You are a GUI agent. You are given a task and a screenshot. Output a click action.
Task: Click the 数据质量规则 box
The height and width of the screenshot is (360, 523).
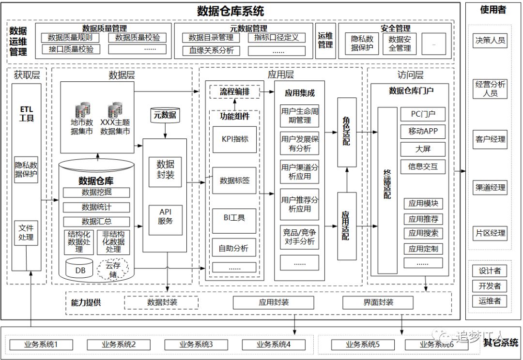click(x=70, y=38)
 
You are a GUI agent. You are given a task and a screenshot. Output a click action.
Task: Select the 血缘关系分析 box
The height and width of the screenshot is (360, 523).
click(x=211, y=50)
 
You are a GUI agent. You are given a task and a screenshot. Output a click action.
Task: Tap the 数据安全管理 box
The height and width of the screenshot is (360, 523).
click(x=400, y=44)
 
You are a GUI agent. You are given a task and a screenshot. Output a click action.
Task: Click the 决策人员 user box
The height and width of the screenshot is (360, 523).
click(x=490, y=40)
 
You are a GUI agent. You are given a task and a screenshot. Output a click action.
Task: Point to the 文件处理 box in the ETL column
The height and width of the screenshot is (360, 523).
click(x=26, y=233)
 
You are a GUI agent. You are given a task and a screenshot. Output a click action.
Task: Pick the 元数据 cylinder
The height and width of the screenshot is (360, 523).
click(x=165, y=115)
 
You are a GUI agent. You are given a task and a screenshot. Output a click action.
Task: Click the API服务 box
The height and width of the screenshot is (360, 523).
click(x=165, y=216)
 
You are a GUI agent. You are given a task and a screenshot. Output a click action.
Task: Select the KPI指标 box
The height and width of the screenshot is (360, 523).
click(x=234, y=139)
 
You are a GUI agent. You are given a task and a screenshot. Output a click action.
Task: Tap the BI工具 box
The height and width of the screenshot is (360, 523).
click(x=234, y=218)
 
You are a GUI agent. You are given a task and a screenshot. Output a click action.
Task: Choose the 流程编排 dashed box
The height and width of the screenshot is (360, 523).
click(x=234, y=92)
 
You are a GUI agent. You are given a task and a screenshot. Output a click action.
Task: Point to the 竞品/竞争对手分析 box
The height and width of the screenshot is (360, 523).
click(x=299, y=237)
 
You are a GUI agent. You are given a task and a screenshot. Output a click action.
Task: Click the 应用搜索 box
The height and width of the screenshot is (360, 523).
click(x=423, y=233)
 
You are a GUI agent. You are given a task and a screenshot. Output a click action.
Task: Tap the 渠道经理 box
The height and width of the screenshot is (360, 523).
click(x=490, y=188)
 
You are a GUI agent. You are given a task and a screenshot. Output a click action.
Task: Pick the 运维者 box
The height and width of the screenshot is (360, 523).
click(x=490, y=300)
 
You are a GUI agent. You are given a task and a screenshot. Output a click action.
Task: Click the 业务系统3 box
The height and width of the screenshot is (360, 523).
click(x=196, y=345)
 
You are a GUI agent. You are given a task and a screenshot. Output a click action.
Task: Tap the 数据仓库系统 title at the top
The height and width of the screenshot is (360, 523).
click(x=231, y=11)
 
